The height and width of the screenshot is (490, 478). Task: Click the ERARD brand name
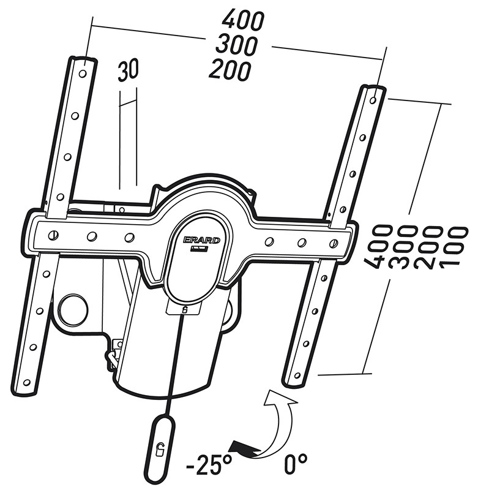pos(202,240)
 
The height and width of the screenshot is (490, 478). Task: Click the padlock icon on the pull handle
pos(159,450)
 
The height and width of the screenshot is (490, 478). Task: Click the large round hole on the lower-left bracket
pos(73,309)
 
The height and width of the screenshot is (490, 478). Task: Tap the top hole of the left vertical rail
pos(83,74)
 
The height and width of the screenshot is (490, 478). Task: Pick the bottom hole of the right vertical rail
pos(297,375)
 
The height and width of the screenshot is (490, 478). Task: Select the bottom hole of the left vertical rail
pos(26,382)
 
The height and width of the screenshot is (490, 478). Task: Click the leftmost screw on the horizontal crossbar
pos(53,235)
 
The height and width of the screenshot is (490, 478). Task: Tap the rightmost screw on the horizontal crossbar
pos(334,242)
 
